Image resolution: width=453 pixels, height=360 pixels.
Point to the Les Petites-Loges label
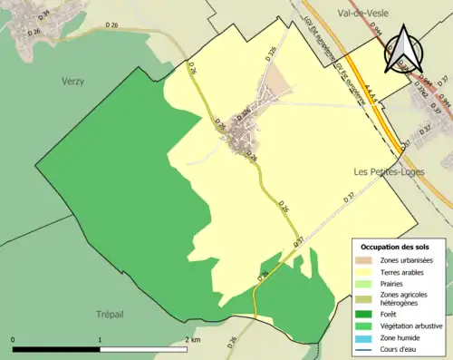pos(387,170)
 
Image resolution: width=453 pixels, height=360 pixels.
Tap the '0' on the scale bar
pos(13,340)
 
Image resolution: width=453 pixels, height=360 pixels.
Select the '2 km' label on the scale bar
pos(193,340)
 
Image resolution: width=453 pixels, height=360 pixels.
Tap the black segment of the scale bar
pos(56,349)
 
